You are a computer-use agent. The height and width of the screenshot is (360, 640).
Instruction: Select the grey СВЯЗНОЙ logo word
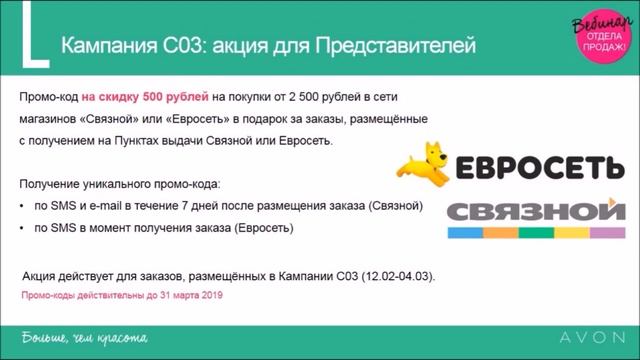click(x=529, y=211)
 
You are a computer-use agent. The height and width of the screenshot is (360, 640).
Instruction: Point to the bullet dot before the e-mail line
click(x=23, y=207)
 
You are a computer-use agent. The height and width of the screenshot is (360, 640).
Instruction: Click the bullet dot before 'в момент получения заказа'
click(x=23, y=228)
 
